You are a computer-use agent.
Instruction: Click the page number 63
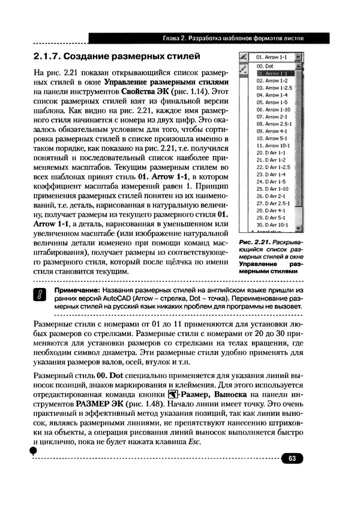tap(292, 458)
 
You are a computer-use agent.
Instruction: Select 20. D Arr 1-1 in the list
tap(272, 153)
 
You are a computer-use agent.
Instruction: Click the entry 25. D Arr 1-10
tap(274, 188)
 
